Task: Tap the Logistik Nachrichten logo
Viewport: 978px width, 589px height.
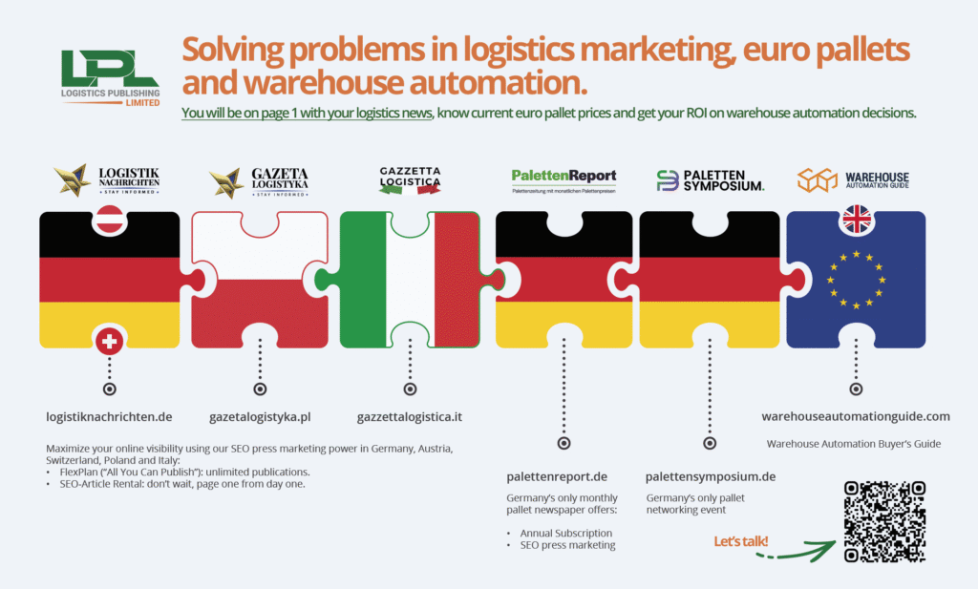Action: coord(108,179)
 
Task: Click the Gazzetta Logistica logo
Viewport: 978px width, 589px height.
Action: coord(410,179)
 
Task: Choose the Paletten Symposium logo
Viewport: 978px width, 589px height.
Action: coord(710,179)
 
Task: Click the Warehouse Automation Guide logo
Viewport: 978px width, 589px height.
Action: coord(854,179)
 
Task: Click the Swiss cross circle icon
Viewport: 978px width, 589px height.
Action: coord(110,340)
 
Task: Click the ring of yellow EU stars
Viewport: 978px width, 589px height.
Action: coord(856,279)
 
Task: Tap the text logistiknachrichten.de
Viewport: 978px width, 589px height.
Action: coord(109,416)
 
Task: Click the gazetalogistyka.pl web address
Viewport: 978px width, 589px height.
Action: coord(260,416)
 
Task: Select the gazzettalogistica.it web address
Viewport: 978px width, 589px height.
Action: coord(410,416)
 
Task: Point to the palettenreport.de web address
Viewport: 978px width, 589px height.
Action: coord(558,476)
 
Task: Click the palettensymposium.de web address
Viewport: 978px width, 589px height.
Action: coord(710,476)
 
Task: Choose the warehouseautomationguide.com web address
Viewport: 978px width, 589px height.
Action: coord(856,416)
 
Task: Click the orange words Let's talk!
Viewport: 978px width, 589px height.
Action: coord(741,542)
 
